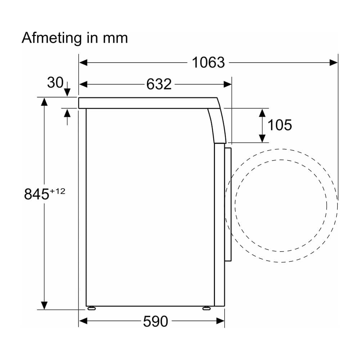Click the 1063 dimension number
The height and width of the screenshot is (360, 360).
pos(208,62)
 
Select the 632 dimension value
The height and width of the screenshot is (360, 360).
pos(159,84)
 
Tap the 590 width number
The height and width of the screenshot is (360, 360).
pos(156,321)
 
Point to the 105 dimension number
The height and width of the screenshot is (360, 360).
pos(280,125)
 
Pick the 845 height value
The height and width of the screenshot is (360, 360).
pos(36,194)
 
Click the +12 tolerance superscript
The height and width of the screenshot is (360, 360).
pos(57,191)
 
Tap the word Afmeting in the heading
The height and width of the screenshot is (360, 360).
pos(52,38)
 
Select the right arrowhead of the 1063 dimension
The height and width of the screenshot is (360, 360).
pos(334,62)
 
